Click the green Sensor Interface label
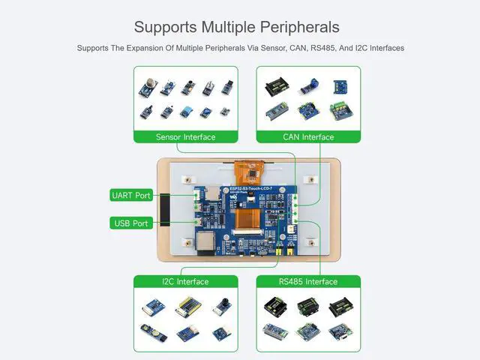[x=185, y=137]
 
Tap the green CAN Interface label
[x=308, y=137]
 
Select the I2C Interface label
[x=185, y=282]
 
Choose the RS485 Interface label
[x=308, y=282]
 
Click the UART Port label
[x=131, y=196]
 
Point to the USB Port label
[x=131, y=223]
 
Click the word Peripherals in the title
[x=297, y=27]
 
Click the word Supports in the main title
[x=166, y=27]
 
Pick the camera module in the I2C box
[x=223, y=304]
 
